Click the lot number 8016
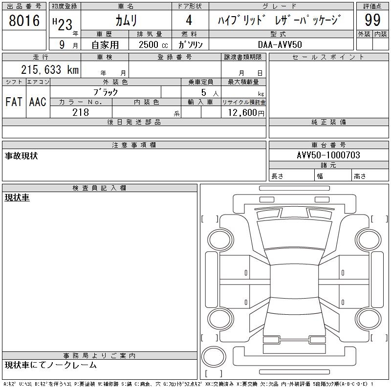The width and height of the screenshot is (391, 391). coord(24,21)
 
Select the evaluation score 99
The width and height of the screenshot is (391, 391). coord(372,20)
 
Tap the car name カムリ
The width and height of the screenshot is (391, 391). coord(126,21)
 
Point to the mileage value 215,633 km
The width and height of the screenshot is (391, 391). coord(50,69)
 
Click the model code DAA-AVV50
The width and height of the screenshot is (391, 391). coord(280,44)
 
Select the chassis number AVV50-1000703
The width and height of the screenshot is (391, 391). coord(328,155)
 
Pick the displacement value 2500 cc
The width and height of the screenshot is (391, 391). coord(153,44)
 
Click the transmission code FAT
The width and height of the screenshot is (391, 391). coord(14,102)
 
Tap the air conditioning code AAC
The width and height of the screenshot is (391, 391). coord(38,102)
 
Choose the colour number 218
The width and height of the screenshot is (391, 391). coord(81,112)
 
